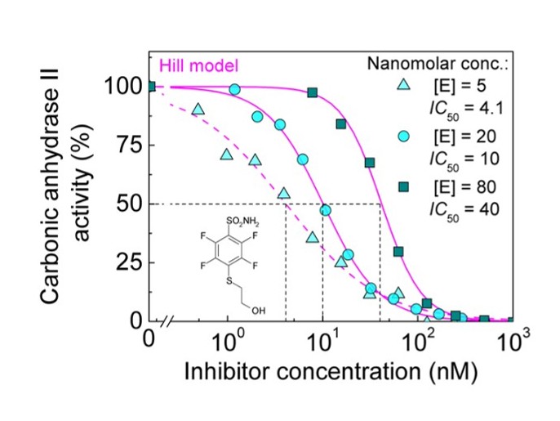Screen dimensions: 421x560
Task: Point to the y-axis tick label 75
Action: pyautogui.click(x=129, y=146)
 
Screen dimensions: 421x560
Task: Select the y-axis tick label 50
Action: pyautogui.click(x=129, y=204)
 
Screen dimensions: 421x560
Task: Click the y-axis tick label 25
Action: pyautogui.click(x=129, y=263)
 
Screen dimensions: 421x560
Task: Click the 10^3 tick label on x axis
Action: pyautogui.click(x=513, y=339)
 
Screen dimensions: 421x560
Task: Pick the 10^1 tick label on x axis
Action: pyautogui.click(x=322, y=339)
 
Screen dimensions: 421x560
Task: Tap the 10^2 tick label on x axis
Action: pyautogui.click(x=418, y=339)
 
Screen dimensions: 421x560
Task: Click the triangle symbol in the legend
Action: pyautogui.click(x=402, y=85)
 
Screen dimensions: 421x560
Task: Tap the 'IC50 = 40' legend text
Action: pyautogui.click(x=462, y=207)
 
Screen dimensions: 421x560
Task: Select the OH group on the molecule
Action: pyautogui.click(x=258, y=311)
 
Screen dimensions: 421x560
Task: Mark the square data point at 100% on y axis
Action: pyautogui.click(x=150, y=87)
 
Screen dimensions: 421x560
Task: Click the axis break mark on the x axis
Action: pyautogui.click(x=167, y=321)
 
